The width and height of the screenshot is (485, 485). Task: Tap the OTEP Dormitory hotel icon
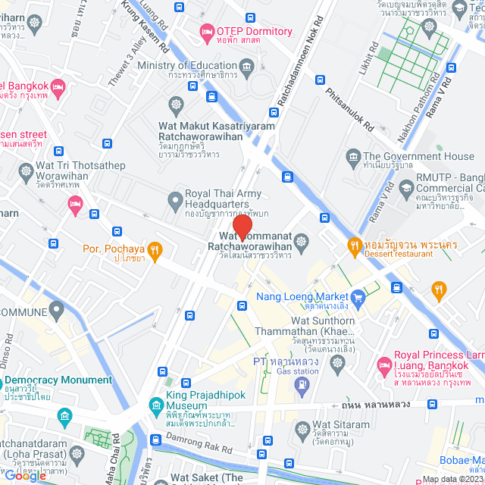point(206,31)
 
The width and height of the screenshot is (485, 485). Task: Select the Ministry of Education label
point(187,66)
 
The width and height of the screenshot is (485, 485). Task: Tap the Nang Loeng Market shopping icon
point(359,296)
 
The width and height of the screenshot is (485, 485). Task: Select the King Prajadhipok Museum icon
point(155,404)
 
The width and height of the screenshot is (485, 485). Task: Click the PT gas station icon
point(302,385)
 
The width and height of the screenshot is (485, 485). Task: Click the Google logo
point(25,475)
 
